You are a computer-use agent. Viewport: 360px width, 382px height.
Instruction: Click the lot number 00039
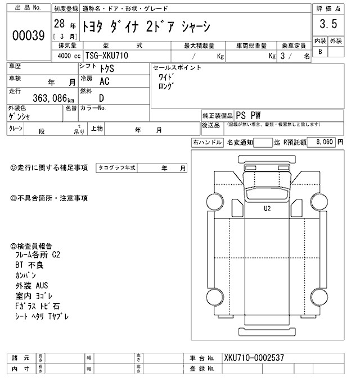[28, 35]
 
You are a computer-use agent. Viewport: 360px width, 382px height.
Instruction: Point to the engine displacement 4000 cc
[68, 56]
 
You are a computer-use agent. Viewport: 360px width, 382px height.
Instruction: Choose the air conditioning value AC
[104, 82]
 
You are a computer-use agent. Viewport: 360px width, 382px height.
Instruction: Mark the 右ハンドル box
[207, 143]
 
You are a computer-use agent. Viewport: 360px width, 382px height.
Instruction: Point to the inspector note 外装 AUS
[33, 285]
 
